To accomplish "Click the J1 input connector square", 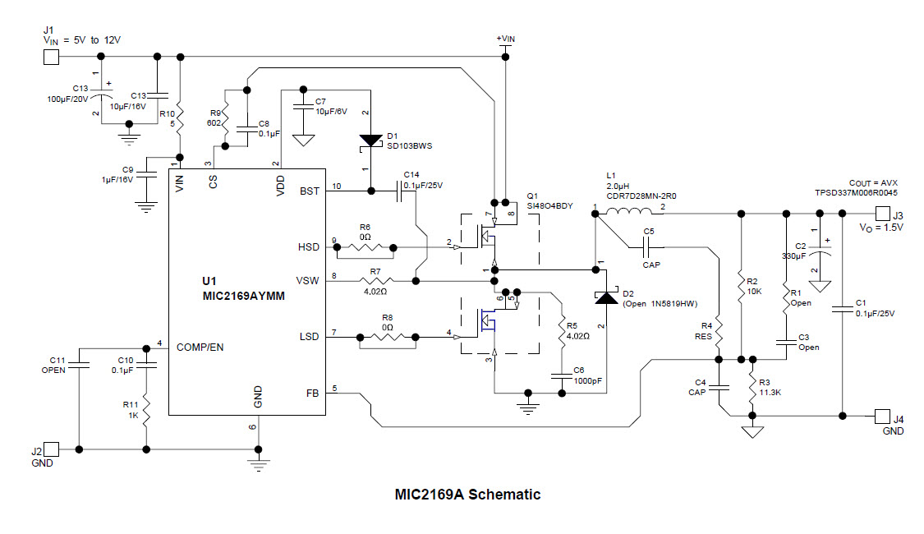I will [51, 57].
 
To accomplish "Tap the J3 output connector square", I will [882, 214].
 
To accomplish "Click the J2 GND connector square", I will [51, 449].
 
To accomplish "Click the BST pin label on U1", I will [310, 191].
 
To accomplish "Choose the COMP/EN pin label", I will [200, 347].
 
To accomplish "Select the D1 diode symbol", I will [370, 140].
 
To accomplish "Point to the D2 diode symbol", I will [606, 297].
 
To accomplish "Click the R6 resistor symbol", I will [365, 246].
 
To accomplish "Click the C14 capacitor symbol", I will [399, 191].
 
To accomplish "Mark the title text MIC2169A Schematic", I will [467, 495].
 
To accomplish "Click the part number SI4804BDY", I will [549, 206].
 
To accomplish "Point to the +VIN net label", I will [505, 38].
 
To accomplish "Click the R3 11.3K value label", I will [770, 393].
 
